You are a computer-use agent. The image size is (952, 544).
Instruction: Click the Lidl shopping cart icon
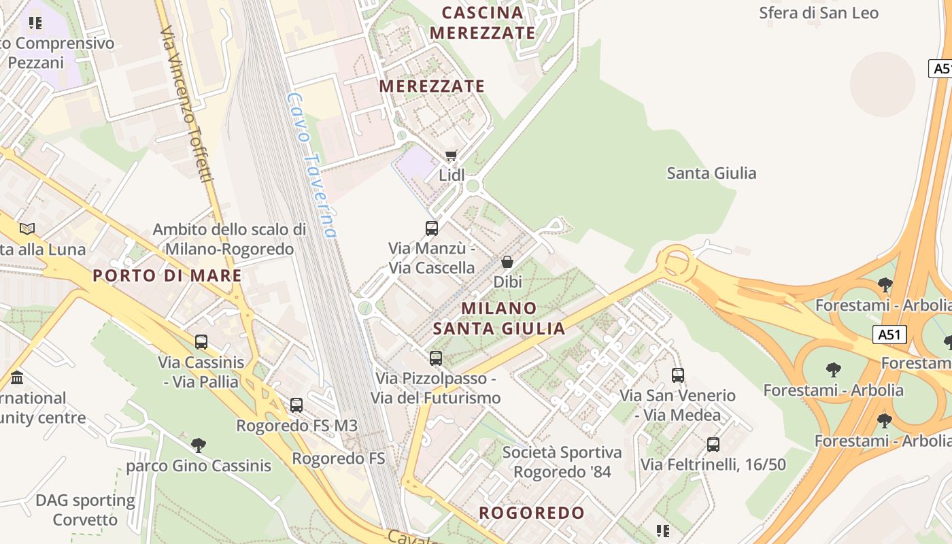pyautogui.click(x=451, y=156)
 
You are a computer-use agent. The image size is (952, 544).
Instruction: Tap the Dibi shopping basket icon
pyautogui.click(x=507, y=262)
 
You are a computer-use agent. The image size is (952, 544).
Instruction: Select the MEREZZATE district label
pyautogui.click(x=432, y=86)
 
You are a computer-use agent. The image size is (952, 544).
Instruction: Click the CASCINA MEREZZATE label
pyautogui.click(x=483, y=22)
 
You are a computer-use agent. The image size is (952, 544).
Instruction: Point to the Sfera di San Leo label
pyautogui.click(x=818, y=13)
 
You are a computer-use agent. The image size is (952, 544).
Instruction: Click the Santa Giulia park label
pyautogui.click(x=711, y=173)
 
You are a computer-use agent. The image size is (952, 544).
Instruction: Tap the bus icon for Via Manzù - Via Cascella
pyautogui.click(x=431, y=228)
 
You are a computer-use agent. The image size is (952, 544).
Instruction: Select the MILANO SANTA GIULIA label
pyautogui.click(x=499, y=318)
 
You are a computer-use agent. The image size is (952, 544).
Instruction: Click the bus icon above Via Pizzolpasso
pyautogui.click(x=435, y=358)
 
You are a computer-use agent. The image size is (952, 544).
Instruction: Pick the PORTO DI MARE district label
pyautogui.click(x=167, y=275)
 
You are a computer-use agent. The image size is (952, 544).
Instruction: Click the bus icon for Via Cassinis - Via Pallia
pyautogui.click(x=201, y=342)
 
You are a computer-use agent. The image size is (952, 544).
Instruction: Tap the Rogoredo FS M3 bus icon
pyautogui.click(x=296, y=405)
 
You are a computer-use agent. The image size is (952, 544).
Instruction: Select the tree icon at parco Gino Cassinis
pyautogui.click(x=198, y=445)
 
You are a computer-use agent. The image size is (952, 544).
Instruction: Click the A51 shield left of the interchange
pyautogui.click(x=890, y=335)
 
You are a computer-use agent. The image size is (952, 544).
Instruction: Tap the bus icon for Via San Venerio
pyautogui.click(x=677, y=375)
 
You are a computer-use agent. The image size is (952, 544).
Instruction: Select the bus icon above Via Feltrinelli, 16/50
pyautogui.click(x=713, y=445)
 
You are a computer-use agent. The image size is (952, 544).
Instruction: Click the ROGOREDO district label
pyautogui.click(x=532, y=513)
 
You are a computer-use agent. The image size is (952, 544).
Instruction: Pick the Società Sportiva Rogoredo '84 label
pyautogui.click(x=562, y=462)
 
